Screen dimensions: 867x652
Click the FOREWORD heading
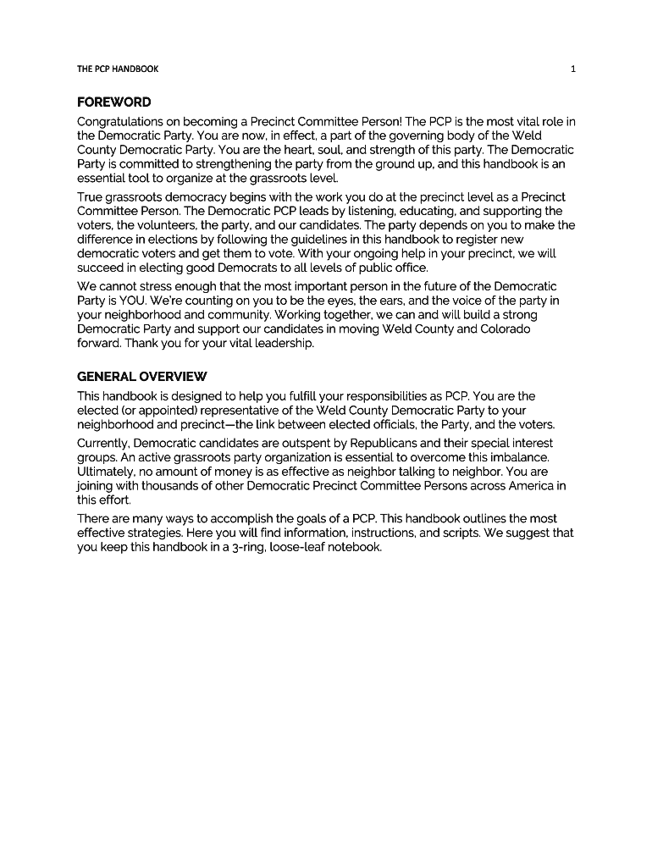[113, 102]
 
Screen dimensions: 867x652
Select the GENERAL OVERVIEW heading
[141, 376]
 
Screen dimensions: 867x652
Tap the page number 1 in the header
[573, 69]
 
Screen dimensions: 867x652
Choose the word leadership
[279, 343]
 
